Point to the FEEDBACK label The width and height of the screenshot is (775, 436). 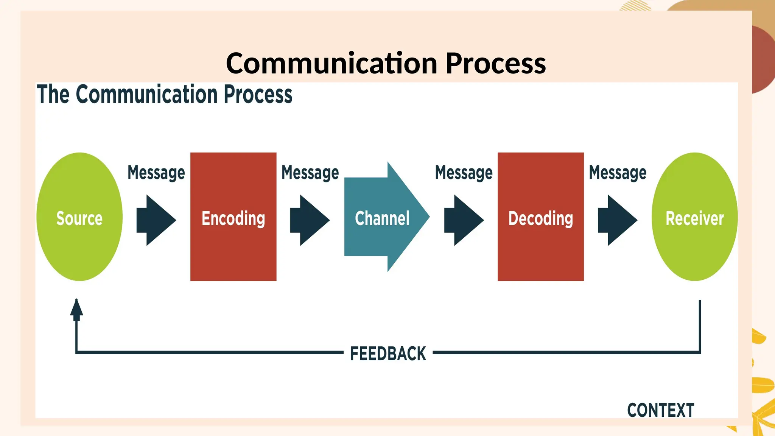click(x=388, y=353)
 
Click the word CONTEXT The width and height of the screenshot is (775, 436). click(x=660, y=410)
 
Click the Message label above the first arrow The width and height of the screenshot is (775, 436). click(x=156, y=173)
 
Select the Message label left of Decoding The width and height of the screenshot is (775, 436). click(x=464, y=173)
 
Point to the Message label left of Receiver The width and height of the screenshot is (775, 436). click(x=617, y=173)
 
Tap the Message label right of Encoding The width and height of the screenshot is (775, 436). click(x=310, y=173)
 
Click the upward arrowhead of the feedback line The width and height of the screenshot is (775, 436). click(x=76, y=308)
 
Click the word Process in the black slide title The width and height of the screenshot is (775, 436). click(x=496, y=63)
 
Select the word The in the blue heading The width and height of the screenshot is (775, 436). click(x=53, y=94)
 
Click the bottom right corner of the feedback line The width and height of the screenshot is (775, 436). click(x=700, y=352)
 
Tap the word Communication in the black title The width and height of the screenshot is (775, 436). click(x=331, y=63)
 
